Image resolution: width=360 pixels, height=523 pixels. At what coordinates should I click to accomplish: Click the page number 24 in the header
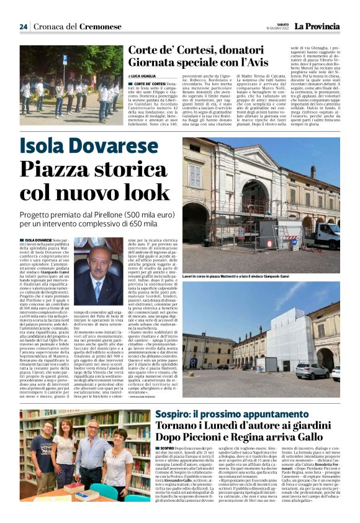pyautogui.click(x=24, y=27)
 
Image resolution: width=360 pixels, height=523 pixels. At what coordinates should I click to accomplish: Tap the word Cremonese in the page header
pyautogui.click(x=101, y=27)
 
